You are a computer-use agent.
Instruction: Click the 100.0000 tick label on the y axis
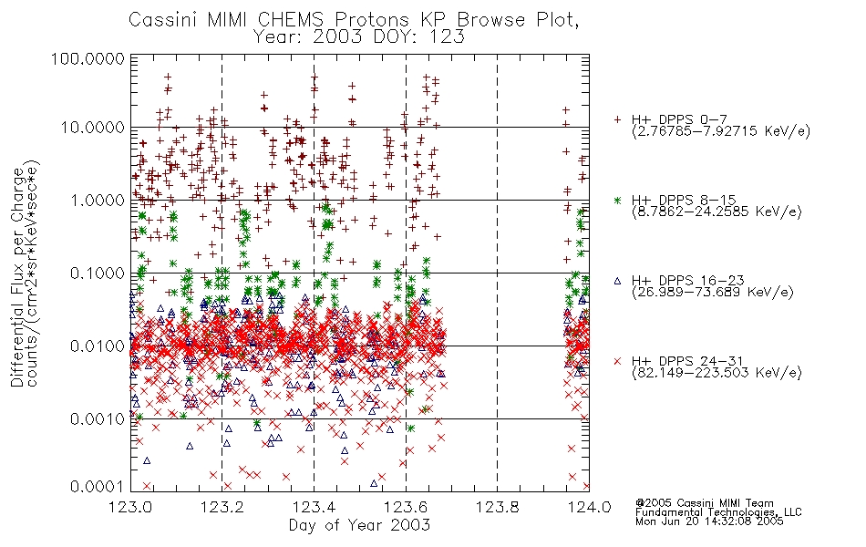pos(88,58)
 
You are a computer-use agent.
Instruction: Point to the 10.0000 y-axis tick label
pos(93,128)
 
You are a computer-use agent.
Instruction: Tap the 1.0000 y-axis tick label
pos(98,200)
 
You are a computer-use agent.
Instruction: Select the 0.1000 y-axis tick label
pos(98,273)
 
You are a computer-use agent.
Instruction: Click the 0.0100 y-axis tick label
pos(98,346)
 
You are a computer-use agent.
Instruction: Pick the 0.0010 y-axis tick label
pos(98,419)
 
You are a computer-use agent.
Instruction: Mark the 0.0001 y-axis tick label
pos(98,486)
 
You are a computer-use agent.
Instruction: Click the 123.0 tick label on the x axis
pos(131,507)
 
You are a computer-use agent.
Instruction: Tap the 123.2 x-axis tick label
pos(222,507)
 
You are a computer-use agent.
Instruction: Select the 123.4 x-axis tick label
pos(314,507)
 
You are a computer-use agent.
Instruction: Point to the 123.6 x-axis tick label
pos(406,507)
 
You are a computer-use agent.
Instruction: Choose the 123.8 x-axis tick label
pos(497,507)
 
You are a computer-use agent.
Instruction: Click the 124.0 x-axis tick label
pos(589,507)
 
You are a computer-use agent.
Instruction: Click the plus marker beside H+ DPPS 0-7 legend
pos(617,119)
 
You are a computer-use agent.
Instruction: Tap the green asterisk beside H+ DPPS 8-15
pos(617,200)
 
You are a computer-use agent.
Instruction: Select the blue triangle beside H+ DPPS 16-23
pos(617,281)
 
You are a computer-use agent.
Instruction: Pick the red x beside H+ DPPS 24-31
pos(617,361)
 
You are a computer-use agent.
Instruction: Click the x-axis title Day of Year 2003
pos(359,525)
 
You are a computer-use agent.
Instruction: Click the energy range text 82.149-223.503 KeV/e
pos(717,373)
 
